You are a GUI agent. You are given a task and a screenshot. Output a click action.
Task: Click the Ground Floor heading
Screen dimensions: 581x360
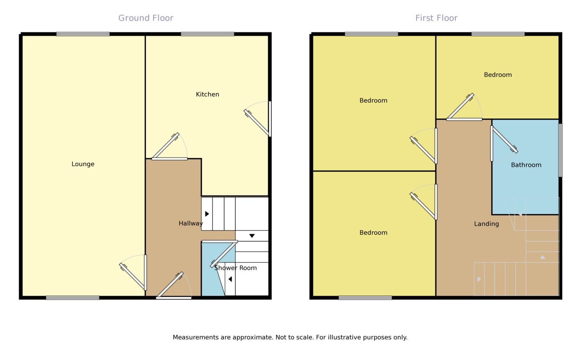(146, 18)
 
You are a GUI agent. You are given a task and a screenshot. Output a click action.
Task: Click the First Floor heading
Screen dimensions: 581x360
(436, 18)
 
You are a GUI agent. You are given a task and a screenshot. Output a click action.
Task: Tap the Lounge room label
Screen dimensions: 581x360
(83, 164)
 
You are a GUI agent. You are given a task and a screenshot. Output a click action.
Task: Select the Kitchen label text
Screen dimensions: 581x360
(207, 94)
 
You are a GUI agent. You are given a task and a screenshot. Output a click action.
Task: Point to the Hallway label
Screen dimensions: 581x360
(191, 223)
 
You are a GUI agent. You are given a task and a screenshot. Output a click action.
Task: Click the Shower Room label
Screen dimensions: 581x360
(236, 268)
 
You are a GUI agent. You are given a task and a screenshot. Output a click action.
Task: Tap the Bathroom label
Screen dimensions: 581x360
(526, 165)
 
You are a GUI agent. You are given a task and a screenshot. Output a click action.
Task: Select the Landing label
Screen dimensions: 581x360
(486, 224)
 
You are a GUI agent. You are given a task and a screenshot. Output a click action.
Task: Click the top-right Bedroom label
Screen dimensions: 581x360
(498, 75)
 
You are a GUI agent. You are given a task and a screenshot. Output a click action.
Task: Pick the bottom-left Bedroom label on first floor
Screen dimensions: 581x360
(373, 232)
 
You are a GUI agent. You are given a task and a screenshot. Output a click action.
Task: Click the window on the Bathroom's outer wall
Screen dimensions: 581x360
(560, 150)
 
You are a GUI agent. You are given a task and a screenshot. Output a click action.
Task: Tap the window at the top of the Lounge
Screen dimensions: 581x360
(83, 34)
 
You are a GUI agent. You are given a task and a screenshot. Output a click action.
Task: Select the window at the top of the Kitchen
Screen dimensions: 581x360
(207, 34)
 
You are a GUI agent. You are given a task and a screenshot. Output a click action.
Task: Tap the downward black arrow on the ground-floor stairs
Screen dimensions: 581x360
(252, 236)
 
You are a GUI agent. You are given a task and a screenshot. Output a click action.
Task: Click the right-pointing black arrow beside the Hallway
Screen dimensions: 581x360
(207, 214)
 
